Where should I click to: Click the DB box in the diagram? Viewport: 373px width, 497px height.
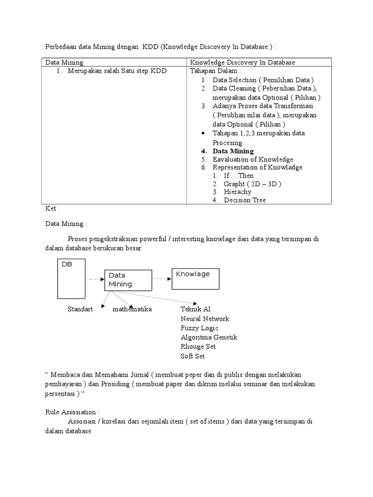click(71, 280)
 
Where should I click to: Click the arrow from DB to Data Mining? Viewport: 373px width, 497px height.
click(95, 280)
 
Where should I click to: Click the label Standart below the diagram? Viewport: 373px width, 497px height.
click(80, 309)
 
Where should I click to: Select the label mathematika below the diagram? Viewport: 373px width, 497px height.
click(132, 309)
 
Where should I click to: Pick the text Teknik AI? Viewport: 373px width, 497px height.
click(195, 309)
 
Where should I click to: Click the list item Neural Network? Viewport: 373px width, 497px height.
click(204, 319)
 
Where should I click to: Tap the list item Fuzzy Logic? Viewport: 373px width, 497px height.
click(199, 328)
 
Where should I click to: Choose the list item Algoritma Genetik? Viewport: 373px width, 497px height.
click(209, 337)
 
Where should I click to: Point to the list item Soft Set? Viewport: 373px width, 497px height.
click(193, 356)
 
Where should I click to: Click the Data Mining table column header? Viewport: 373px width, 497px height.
click(65, 63)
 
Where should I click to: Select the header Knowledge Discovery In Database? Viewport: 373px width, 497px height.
click(243, 63)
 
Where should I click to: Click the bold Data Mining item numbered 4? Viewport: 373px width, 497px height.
click(233, 151)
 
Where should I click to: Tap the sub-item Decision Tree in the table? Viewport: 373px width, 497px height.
click(245, 200)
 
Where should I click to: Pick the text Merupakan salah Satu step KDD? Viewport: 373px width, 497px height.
click(117, 71)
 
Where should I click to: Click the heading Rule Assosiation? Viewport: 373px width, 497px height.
click(72, 412)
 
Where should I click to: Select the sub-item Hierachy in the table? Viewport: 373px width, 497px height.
click(237, 192)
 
